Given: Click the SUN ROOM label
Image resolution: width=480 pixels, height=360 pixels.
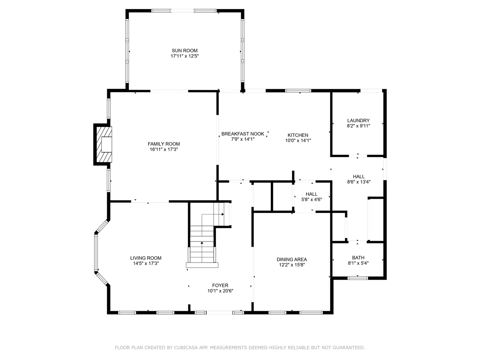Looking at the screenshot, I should point(184,51).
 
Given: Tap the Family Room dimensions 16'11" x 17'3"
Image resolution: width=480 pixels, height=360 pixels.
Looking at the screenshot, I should point(163,149).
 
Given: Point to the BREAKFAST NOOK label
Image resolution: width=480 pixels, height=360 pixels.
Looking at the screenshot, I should point(243,134).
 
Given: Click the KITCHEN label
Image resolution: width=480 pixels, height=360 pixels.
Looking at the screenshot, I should point(298,135).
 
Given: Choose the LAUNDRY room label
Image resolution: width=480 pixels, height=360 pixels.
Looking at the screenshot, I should point(358,121).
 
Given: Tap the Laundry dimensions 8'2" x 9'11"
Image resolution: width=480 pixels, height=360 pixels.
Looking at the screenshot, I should point(358,126).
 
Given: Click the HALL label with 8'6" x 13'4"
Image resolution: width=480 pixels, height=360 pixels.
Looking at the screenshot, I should point(358,177).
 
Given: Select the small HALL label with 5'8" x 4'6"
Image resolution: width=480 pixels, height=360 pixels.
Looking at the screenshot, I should point(311,194).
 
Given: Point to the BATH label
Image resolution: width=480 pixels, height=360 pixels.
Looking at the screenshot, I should point(358,258).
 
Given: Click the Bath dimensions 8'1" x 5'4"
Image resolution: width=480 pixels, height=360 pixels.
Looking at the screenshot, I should point(358,263).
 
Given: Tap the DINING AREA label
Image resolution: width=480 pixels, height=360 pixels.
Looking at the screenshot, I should point(292,259).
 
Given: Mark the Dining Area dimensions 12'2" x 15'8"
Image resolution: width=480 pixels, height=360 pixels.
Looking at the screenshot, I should point(292,265).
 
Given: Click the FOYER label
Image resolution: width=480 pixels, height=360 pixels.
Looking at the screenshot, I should point(220,285).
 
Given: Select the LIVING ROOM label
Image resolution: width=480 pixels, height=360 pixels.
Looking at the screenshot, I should point(146,258).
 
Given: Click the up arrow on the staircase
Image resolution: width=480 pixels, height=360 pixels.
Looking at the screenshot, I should point(202,243).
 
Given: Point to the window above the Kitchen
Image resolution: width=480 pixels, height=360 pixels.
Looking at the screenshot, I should point(298,90).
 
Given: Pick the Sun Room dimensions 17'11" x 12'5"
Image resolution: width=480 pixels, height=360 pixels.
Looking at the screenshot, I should point(184,56).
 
